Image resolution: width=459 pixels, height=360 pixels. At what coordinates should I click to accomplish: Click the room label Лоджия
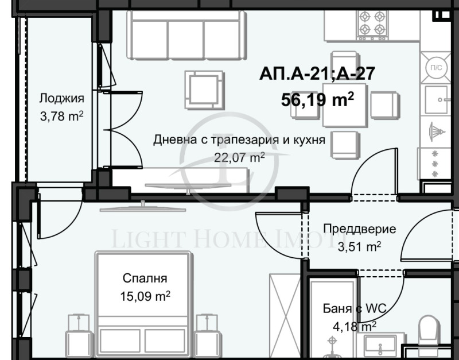(x=61, y=98)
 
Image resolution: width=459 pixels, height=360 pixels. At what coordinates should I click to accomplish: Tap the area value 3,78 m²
(x=61, y=117)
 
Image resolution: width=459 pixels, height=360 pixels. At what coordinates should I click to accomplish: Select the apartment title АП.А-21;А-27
(x=317, y=75)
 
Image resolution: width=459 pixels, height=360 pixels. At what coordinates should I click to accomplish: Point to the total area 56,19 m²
(x=317, y=100)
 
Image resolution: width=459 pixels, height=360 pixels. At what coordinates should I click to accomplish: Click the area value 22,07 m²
(x=239, y=157)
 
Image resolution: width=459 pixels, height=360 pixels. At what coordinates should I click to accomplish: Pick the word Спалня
(x=145, y=279)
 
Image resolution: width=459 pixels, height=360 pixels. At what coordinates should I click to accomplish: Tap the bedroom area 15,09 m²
(x=145, y=297)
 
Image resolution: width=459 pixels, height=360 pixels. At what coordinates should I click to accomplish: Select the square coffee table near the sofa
(x=204, y=90)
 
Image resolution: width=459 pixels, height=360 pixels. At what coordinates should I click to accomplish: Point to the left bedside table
(x=76, y=333)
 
